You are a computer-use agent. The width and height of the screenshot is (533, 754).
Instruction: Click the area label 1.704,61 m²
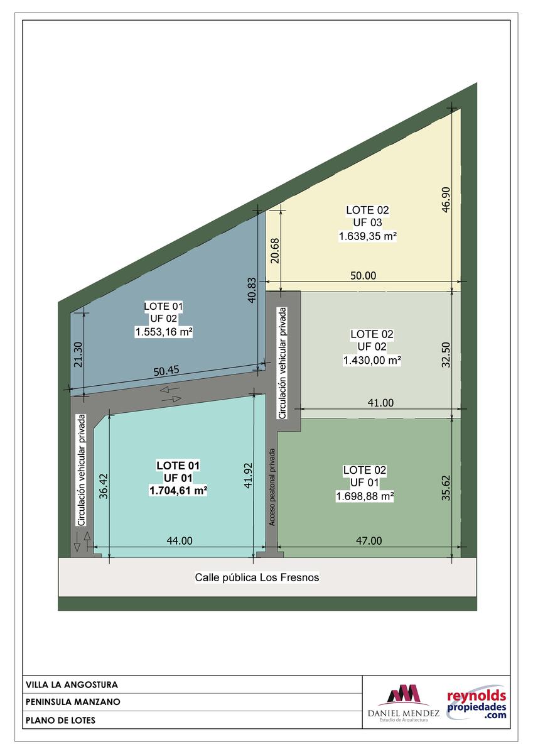tap(178, 491)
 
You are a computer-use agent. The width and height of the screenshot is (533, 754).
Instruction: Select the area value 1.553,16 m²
tap(164, 332)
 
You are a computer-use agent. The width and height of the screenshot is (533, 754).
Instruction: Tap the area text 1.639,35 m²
tap(367, 236)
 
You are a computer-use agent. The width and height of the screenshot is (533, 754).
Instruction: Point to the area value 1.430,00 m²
tap(372, 361)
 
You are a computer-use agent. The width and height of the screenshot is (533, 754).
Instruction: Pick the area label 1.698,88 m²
tap(365, 496)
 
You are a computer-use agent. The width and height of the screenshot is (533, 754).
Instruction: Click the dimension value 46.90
tap(446, 200)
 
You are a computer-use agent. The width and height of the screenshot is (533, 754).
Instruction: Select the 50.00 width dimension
tap(363, 276)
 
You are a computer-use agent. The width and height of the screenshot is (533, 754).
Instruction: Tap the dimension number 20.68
tap(275, 251)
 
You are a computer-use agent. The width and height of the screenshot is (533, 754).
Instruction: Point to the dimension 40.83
tap(252, 290)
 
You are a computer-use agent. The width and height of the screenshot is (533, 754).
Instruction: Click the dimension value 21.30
tap(78, 355)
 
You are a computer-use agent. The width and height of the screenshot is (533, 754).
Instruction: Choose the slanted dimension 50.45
tap(166, 371)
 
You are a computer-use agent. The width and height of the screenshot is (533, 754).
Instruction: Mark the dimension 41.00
tap(380, 403)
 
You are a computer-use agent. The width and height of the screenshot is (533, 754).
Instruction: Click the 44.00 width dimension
tap(180, 540)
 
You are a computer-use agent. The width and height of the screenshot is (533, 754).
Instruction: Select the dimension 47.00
tap(369, 540)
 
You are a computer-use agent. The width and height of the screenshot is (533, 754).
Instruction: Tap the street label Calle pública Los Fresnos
tap(257, 577)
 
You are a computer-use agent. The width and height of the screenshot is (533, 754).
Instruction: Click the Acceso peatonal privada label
tap(272, 487)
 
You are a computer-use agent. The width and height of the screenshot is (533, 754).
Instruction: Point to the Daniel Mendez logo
tap(404, 703)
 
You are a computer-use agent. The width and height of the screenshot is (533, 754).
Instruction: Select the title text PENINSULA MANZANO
tap(73, 702)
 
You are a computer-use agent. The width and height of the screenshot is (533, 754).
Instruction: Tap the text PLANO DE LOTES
tap(60, 720)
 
